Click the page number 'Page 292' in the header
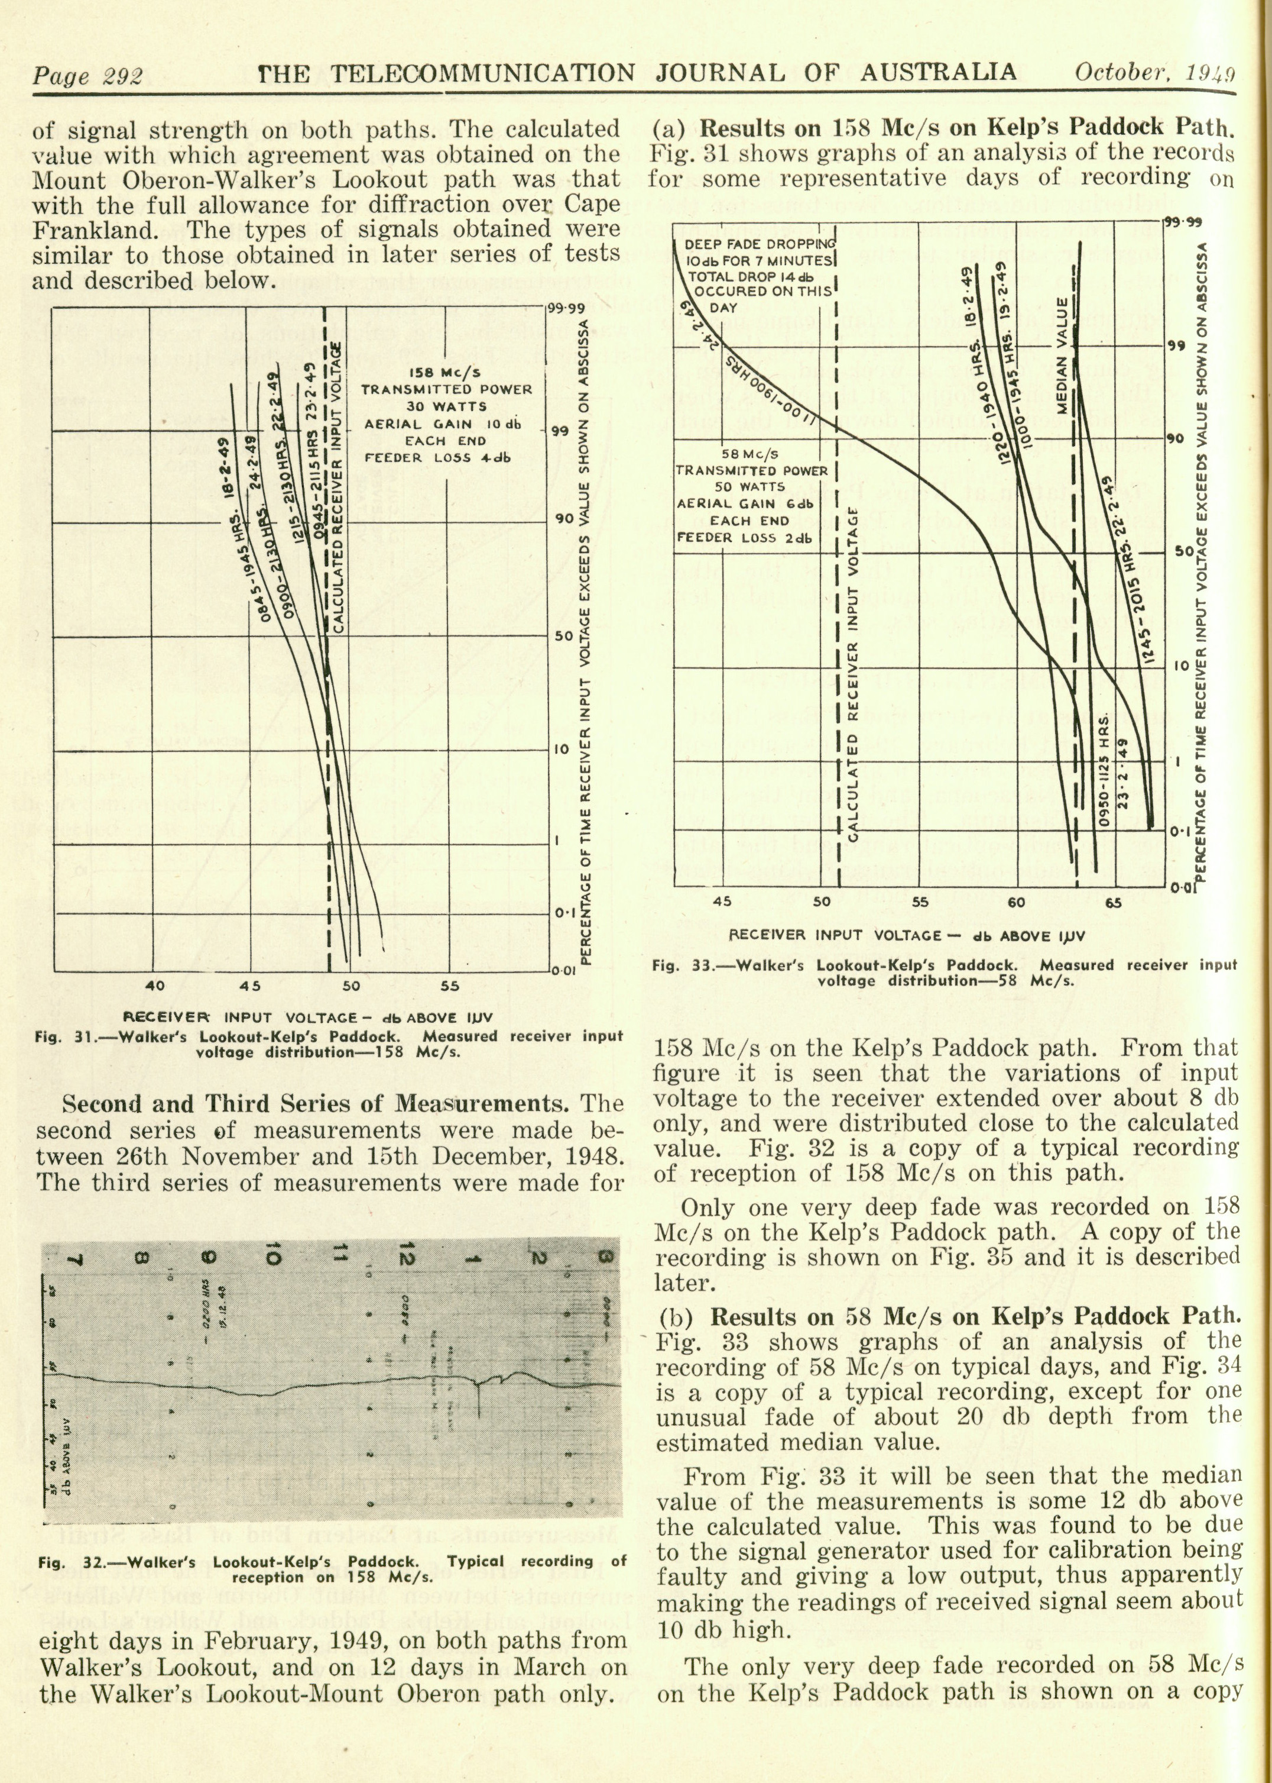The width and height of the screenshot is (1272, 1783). [x=87, y=76]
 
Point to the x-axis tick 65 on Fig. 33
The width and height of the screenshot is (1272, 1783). [x=1112, y=902]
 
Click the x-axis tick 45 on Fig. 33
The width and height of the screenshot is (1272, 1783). [x=723, y=902]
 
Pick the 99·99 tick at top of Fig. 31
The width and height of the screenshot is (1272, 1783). [x=566, y=308]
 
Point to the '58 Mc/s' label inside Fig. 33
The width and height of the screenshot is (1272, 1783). [x=749, y=454]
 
